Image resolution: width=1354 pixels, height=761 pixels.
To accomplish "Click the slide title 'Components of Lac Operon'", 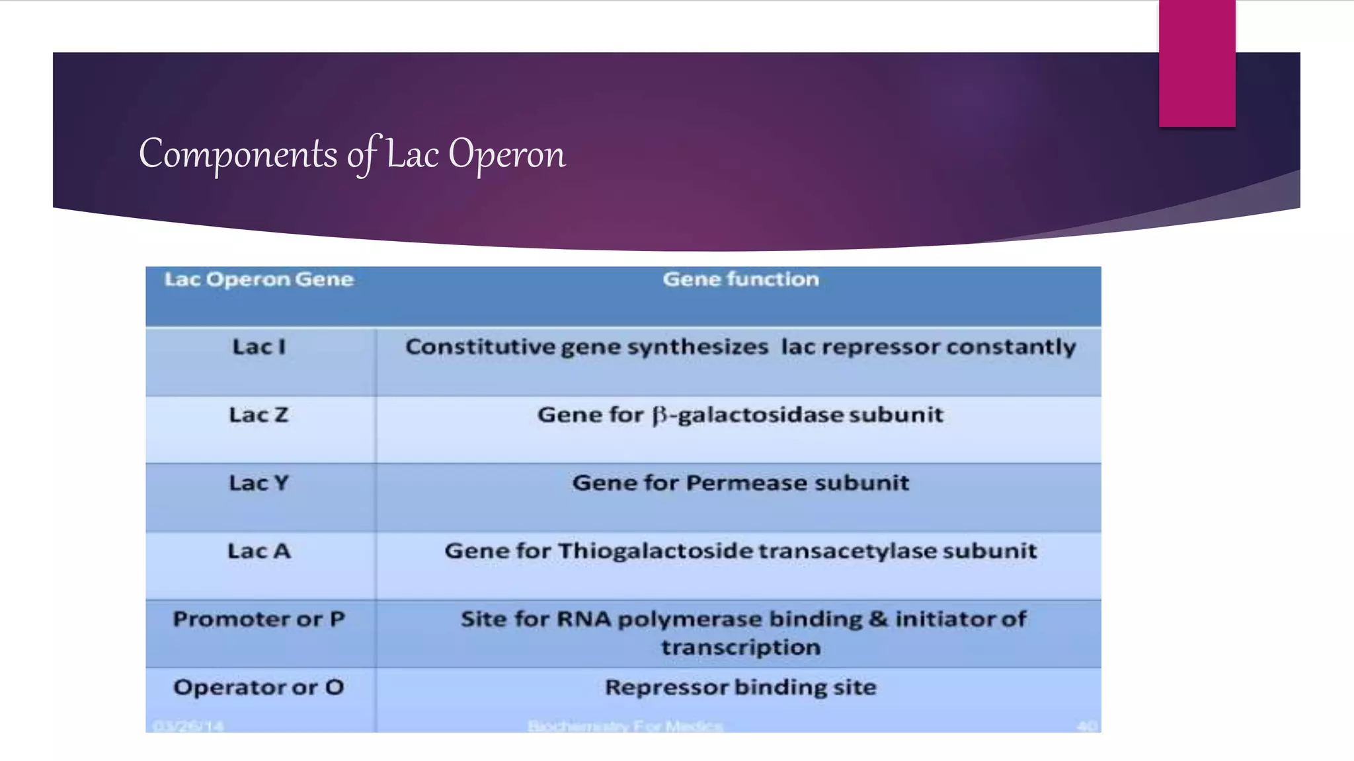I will (352, 154).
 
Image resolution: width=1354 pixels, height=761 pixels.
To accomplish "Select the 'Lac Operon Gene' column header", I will (259, 279).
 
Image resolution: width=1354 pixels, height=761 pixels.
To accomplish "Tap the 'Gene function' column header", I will (740, 279).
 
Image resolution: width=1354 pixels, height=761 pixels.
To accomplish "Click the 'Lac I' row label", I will (259, 347).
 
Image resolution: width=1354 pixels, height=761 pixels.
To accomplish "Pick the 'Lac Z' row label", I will (259, 415).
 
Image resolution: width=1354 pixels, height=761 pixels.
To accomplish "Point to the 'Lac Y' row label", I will (259, 483).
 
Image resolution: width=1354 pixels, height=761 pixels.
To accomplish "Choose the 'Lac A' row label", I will (259, 551).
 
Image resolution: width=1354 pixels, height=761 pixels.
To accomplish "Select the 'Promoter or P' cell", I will (259, 619).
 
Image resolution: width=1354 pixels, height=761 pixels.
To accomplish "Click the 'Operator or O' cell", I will (259, 688).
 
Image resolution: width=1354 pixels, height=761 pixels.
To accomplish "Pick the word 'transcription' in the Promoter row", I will (740, 647).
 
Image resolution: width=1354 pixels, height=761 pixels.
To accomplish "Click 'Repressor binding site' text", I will (740, 688).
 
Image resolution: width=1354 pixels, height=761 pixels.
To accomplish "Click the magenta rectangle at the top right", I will (1197, 63).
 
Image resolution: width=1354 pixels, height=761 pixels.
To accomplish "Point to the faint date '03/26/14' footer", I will (188, 726).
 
